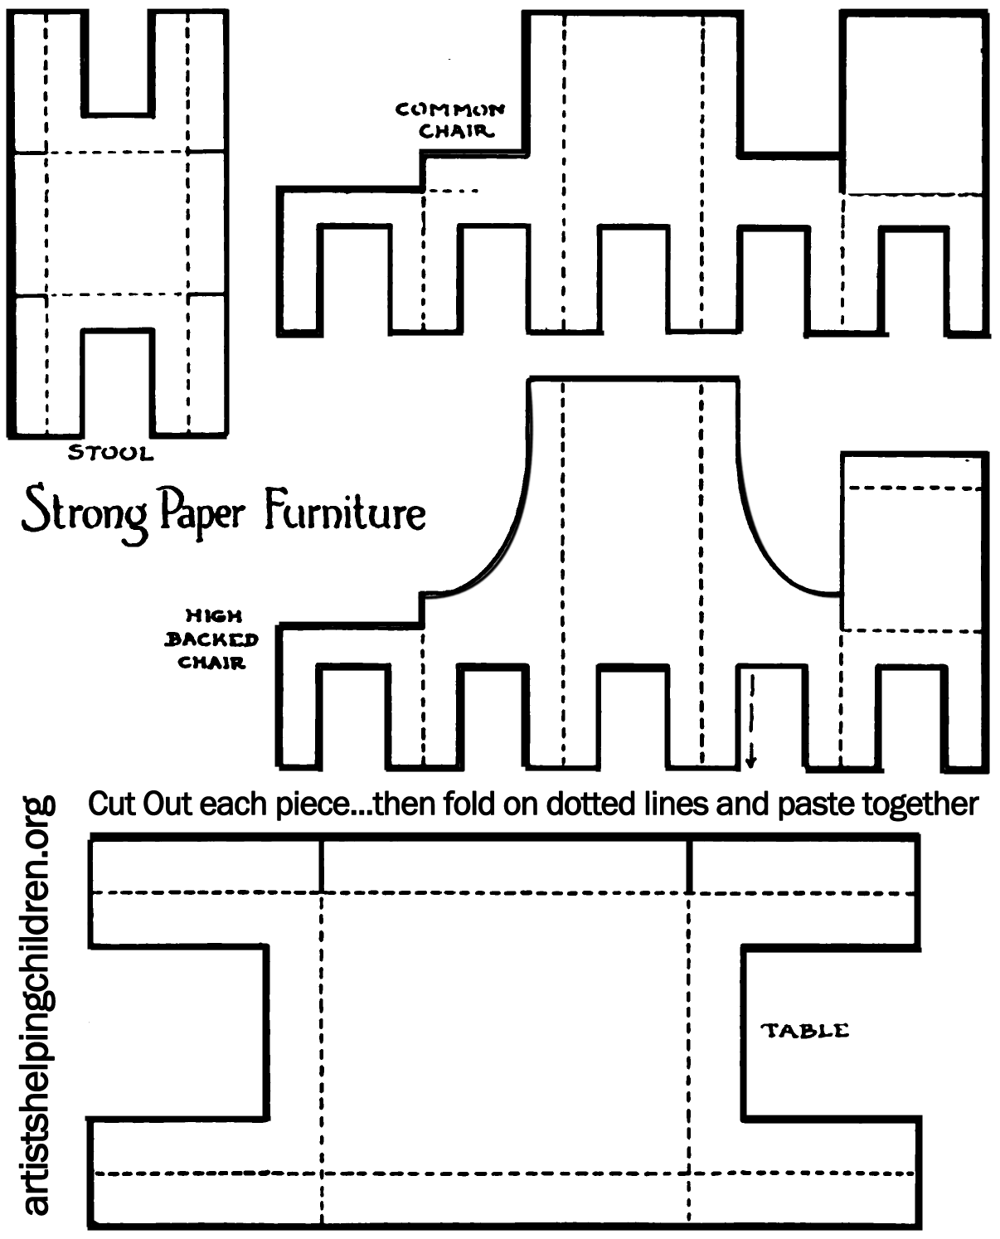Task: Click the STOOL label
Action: tap(110, 453)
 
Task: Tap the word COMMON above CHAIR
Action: tap(449, 109)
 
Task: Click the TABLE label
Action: tap(805, 1031)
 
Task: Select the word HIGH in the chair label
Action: tap(214, 616)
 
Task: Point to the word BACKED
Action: tap(211, 639)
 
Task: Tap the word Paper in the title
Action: tap(202, 513)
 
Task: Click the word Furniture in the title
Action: tap(345, 512)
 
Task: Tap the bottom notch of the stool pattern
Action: tap(118, 381)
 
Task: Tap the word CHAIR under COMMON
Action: tap(455, 131)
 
